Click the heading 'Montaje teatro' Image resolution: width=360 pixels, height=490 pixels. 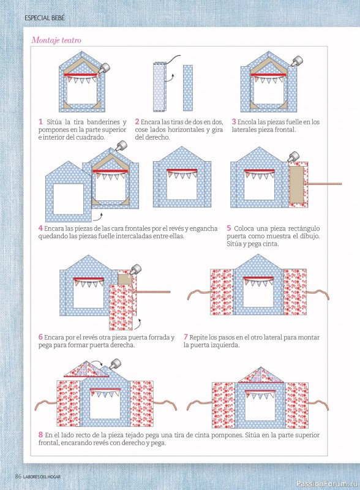[56, 40]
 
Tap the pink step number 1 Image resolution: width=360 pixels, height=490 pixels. [40, 121]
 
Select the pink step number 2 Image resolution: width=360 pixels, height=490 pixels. [137, 121]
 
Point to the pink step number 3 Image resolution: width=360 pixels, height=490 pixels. [234, 121]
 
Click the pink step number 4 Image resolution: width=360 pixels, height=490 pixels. [40, 228]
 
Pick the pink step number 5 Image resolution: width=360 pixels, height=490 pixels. [229, 228]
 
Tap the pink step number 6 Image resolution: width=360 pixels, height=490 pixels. [40, 337]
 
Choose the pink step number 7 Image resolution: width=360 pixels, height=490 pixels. [186, 337]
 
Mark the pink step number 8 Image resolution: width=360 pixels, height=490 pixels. [40, 435]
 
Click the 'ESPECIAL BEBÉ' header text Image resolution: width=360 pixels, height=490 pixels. [45, 18]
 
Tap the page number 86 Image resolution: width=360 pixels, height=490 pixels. [18, 477]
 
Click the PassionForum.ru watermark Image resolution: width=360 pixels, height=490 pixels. [326, 483]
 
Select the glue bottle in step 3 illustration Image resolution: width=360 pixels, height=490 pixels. [297, 61]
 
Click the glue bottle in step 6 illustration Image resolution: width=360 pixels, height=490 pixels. [135, 269]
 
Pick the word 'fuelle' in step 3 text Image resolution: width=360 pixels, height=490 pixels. [294, 122]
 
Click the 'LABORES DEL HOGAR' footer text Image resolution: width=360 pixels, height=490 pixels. [42, 477]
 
